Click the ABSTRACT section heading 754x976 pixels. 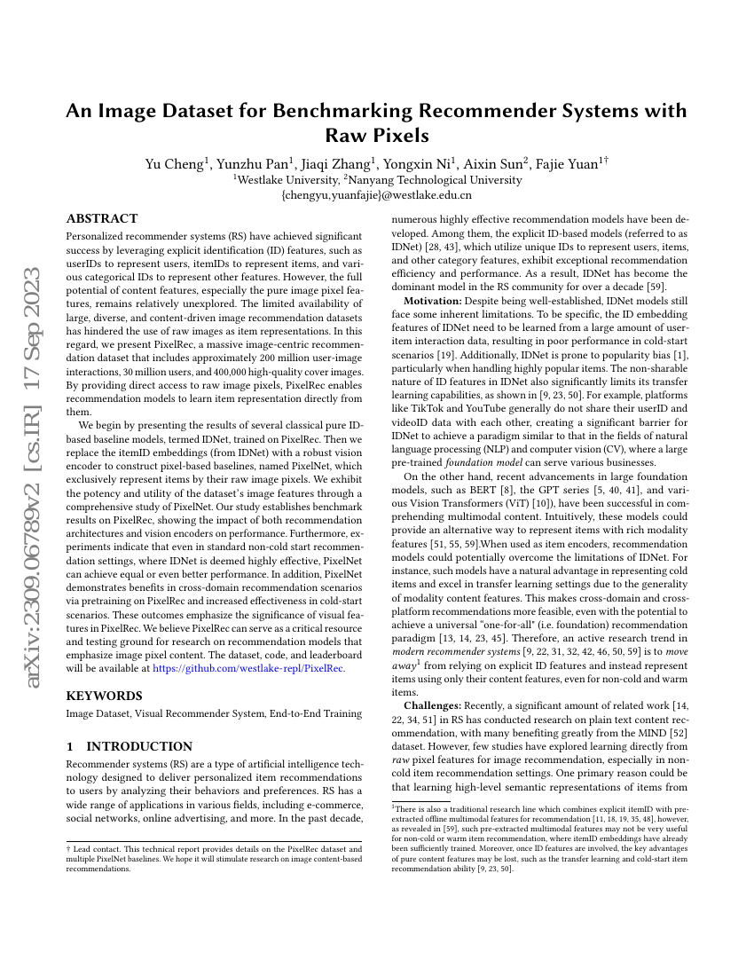coord(102,218)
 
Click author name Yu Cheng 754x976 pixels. coord(175,163)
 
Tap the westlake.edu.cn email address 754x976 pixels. coord(376,194)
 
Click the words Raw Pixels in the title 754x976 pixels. coord(377,135)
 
